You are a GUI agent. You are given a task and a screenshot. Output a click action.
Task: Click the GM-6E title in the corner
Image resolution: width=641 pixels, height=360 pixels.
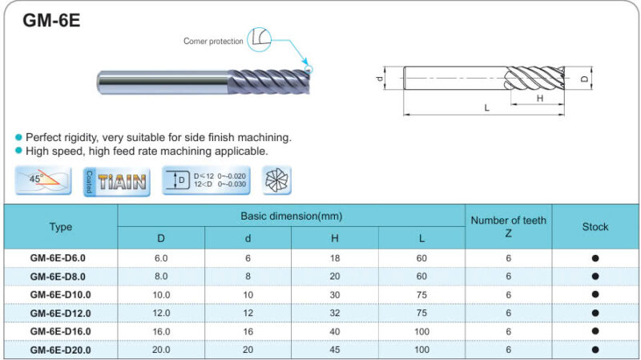[51, 21]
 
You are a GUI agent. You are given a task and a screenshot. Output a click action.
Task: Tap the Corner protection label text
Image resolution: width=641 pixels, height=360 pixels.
[213, 41]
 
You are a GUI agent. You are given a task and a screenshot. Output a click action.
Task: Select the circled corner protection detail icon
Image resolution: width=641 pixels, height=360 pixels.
[259, 39]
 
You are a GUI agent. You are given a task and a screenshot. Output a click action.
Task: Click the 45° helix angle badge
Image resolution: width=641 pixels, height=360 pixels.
[43, 180]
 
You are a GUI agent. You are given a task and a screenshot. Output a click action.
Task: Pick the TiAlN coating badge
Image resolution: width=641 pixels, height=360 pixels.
[117, 182]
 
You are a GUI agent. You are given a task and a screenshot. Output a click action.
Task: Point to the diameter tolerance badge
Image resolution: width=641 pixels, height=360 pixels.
[206, 180]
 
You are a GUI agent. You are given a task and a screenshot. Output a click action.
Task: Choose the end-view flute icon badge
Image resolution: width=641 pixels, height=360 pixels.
[276, 180]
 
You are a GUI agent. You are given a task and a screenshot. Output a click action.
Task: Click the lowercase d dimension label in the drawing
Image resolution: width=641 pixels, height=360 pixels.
[380, 78]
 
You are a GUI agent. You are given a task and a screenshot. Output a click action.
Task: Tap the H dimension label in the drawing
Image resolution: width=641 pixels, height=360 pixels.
[540, 98]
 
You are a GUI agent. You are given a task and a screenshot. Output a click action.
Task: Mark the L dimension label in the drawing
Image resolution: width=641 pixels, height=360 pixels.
[487, 107]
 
